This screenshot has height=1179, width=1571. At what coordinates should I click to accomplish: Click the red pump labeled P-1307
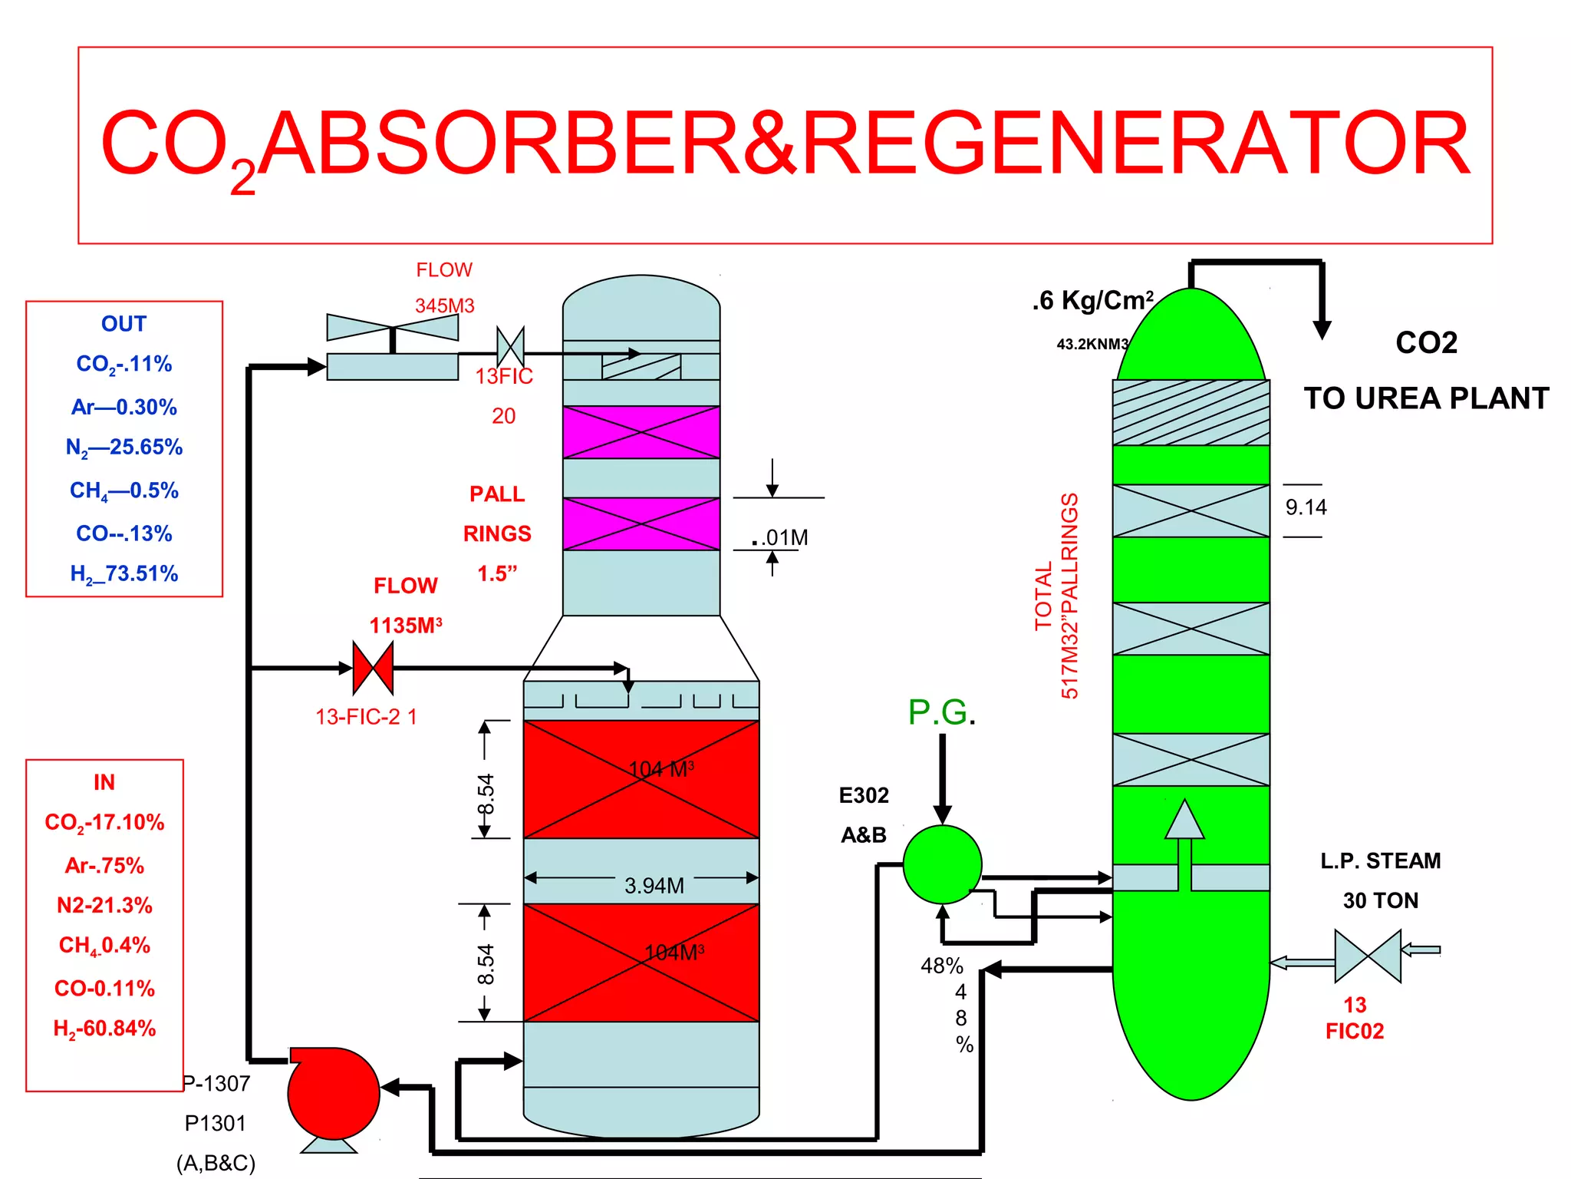(334, 1093)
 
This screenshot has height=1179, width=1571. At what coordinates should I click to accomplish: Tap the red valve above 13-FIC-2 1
(373, 668)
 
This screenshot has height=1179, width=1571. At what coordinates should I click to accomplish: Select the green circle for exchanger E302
(942, 864)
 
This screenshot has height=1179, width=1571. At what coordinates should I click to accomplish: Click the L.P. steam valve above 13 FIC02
(1368, 956)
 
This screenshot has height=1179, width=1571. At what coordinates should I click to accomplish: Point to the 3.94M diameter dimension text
(654, 886)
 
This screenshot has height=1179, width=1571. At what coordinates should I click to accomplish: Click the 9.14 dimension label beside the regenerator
(1306, 507)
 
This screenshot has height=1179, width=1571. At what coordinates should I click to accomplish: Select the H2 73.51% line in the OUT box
(124, 573)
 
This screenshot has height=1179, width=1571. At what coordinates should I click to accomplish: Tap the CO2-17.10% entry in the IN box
(104, 822)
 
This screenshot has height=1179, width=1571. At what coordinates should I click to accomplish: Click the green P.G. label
(940, 712)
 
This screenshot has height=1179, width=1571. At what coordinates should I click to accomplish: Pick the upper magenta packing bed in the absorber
(641, 432)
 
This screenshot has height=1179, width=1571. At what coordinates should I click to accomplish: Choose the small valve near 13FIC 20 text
(510, 347)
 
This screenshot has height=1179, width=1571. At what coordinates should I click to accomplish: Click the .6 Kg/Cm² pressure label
(1092, 300)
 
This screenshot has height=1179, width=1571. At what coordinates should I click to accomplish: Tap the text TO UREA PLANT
(1426, 398)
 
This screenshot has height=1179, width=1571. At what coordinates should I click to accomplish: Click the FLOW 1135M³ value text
(405, 626)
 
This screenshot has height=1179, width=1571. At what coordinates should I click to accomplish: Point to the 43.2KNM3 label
(1092, 344)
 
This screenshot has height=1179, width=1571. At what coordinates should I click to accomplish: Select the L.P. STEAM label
(1380, 860)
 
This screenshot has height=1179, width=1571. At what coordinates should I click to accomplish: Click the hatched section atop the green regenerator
(1191, 413)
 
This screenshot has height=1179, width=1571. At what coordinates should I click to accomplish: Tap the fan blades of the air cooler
(393, 327)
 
